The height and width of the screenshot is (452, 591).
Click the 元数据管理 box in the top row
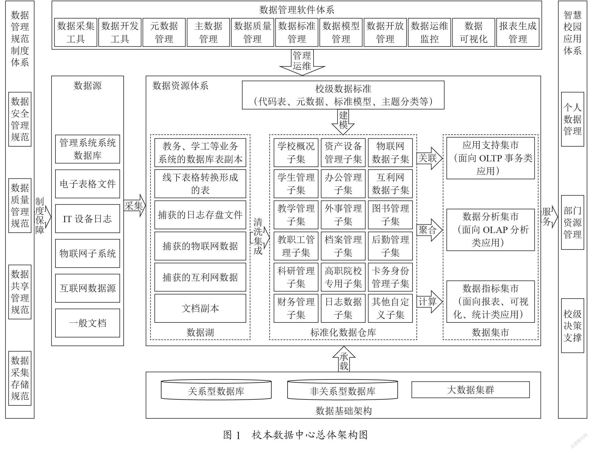click(164, 32)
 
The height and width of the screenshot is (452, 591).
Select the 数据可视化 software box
click(474, 32)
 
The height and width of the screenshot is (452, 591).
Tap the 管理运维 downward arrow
click(302, 63)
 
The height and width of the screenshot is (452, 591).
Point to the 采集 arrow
click(135, 206)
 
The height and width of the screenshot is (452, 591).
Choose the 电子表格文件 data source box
click(88, 184)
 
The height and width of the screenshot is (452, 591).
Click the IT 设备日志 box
click(88, 218)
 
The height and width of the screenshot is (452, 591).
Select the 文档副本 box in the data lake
click(200, 308)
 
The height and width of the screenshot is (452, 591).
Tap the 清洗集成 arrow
click(260, 237)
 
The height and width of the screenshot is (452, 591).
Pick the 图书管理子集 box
click(390, 215)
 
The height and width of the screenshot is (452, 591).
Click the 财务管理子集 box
click(296, 308)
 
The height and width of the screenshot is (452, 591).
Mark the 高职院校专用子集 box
click(343, 277)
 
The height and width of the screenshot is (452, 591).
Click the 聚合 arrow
click(430, 230)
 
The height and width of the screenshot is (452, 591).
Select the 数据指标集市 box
click(491, 301)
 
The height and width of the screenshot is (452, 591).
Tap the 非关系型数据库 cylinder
click(343, 390)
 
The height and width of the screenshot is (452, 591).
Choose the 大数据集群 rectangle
click(470, 389)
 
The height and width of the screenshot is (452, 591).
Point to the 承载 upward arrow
click(344, 359)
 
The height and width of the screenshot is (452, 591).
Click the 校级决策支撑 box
click(573, 326)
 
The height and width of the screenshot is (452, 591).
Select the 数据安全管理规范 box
click(20, 119)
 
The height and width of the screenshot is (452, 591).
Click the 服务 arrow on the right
click(549, 217)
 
